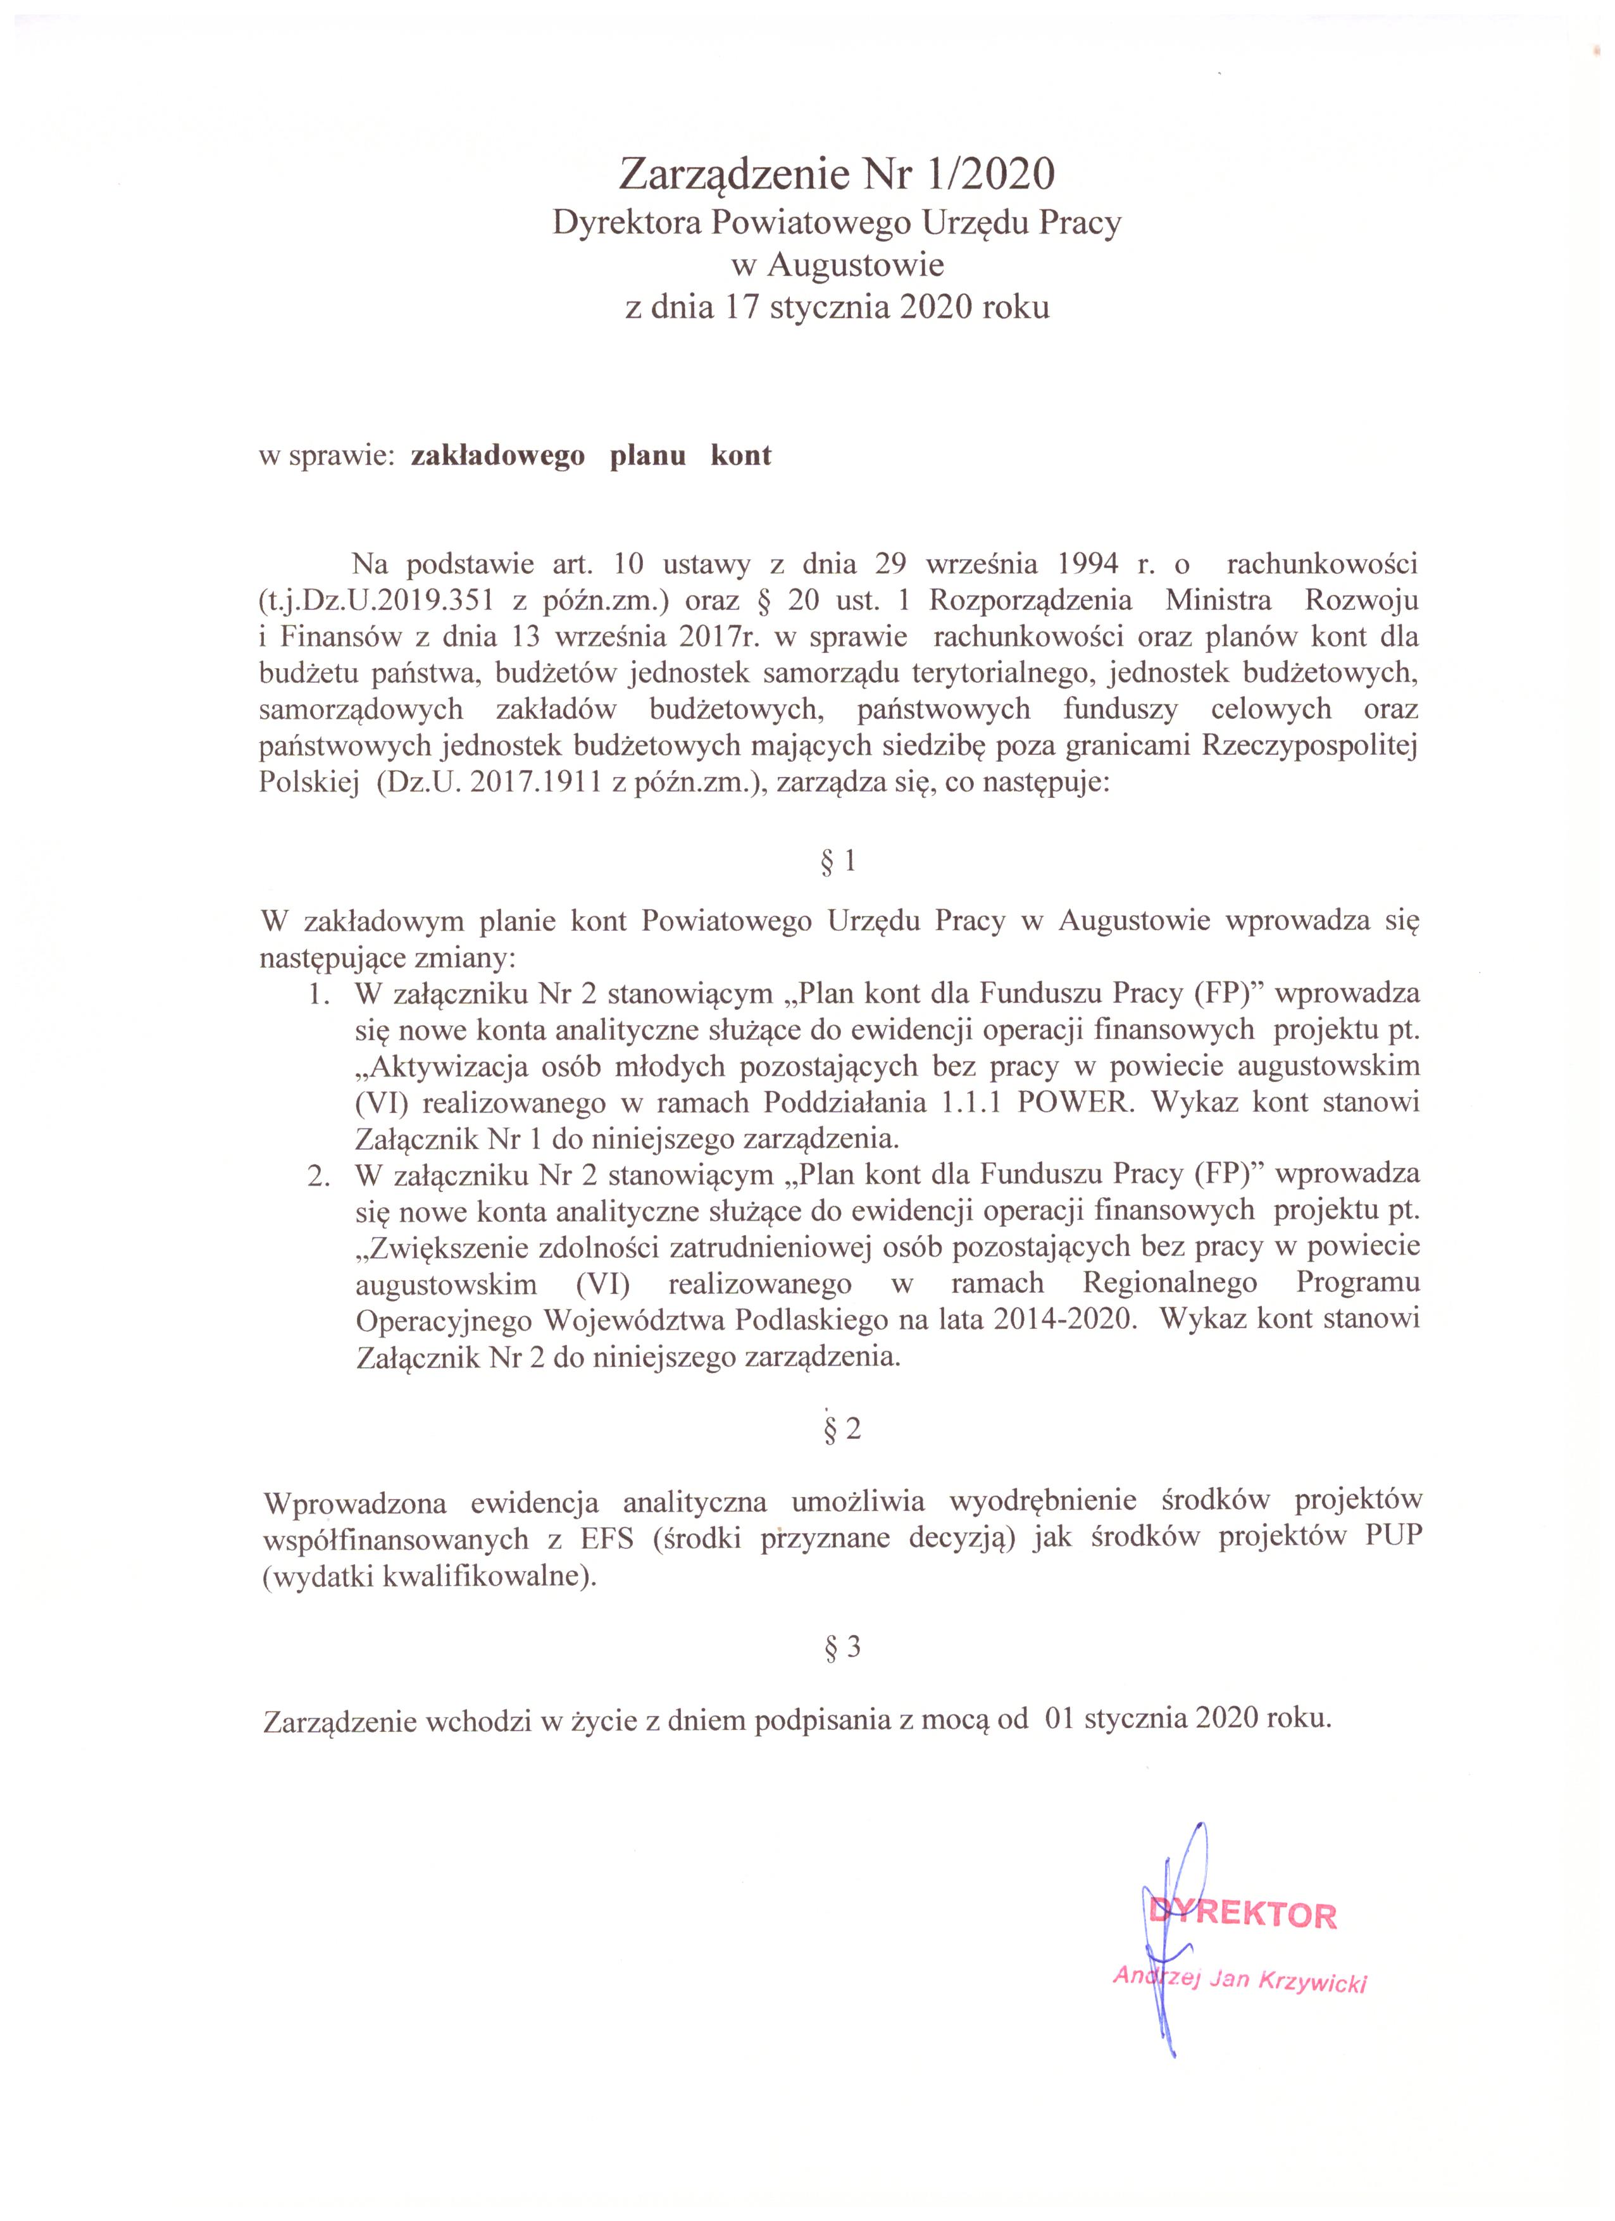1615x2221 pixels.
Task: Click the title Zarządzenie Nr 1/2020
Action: pos(837,175)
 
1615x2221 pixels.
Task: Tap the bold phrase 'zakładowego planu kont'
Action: pos(590,456)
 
